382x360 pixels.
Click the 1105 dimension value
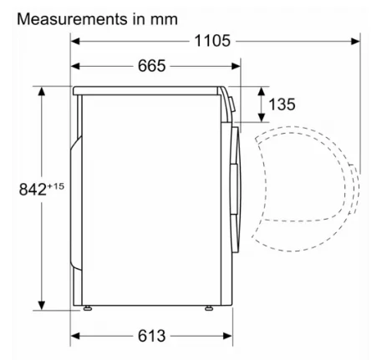point(212,41)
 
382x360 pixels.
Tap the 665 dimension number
point(152,66)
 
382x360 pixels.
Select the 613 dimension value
point(152,336)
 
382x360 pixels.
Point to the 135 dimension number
point(282,104)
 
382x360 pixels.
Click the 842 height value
point(33,190)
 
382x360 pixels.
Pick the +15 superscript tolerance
point(56,186)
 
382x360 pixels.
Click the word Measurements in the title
point(72,19)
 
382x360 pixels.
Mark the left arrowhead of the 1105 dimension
point(75,41)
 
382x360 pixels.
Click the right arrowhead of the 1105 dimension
point(355,41)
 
